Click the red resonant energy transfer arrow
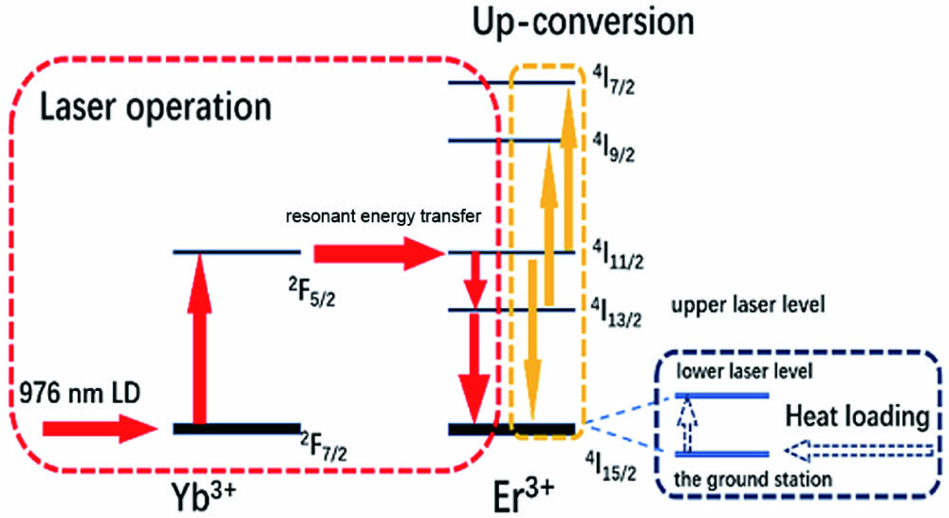click(x=378, y=252)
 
